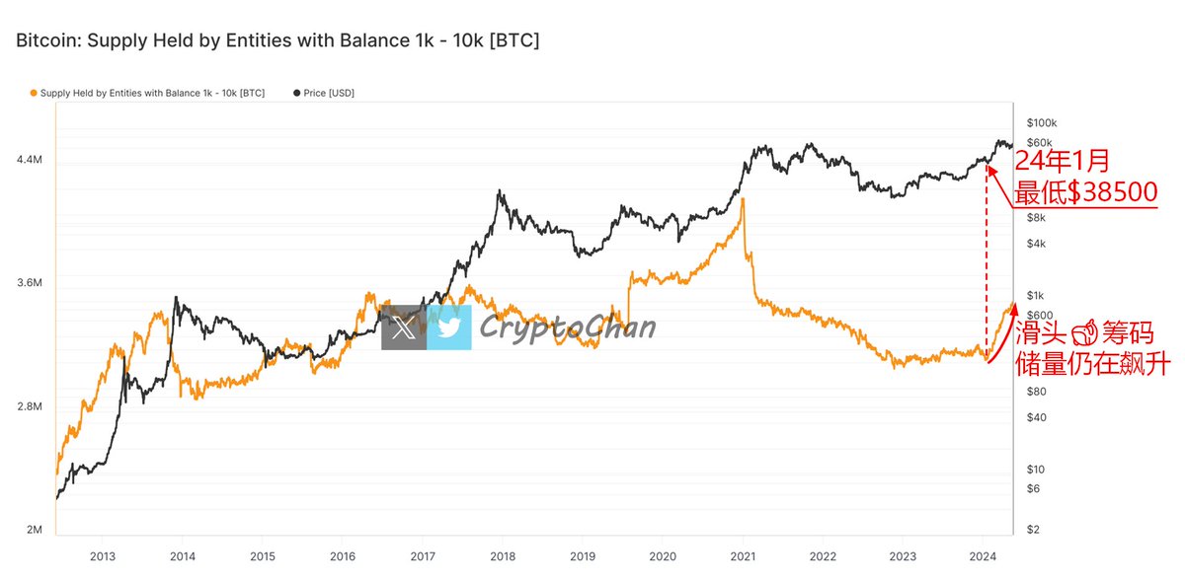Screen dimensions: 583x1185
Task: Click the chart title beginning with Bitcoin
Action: (x=277, y=40)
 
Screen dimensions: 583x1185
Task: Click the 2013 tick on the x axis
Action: (x=102, y=556)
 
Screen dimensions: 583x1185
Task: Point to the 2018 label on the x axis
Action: (x=502, y=556)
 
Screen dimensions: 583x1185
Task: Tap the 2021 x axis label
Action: (x=743, y=556)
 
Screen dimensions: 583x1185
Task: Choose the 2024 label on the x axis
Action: (x=984, y=556)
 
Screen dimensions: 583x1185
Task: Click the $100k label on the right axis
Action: (x=1042, y=123)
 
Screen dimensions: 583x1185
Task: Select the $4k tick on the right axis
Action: (x=1037, y=244)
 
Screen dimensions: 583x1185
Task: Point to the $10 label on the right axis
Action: (x=1036, y=470)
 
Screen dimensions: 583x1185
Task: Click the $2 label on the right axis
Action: (x=1033, y=530)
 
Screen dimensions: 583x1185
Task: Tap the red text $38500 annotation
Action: (x=1086, y=192)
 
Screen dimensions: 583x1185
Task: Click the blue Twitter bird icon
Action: (x=449, y=328)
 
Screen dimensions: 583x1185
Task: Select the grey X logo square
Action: (x=404, y=328)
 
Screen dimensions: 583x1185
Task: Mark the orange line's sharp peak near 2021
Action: (x=743, y=199)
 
